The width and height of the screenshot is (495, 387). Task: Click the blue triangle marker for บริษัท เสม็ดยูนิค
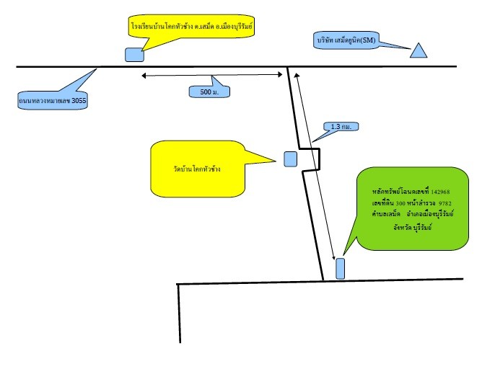click(x=419, y=51)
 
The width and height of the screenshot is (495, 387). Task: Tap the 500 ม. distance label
click(x=209, y=92)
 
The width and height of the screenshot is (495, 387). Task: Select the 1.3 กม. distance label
click(x=341, y=126)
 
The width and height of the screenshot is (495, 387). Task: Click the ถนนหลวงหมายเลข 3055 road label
click(x=53, y=101)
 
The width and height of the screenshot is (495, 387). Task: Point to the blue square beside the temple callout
click(x=290, y=159)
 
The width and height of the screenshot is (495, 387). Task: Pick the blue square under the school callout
click(x=134, y=55)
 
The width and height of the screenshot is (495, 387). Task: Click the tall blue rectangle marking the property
click(x=340, y=268)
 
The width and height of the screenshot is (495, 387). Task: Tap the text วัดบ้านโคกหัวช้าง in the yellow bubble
click(x=197, y=169)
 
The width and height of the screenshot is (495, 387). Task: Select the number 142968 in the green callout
click(x=440, y=192)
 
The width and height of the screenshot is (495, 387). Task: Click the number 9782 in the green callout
click(x=445, y=203)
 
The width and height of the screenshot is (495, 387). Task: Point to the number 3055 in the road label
click(x=79, y=101)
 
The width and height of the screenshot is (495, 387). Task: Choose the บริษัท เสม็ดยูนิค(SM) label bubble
click(x=346, y=40)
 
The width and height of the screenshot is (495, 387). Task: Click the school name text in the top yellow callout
click(x=192, y=26)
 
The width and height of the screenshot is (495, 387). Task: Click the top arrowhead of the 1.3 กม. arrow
click(x=296, y=75)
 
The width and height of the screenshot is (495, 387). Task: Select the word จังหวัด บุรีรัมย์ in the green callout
click(x=412, y=227)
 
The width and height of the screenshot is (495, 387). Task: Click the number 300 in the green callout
click(x=400, y=203)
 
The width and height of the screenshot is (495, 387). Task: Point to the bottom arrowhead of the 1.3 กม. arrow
click(x=333, y=258)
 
